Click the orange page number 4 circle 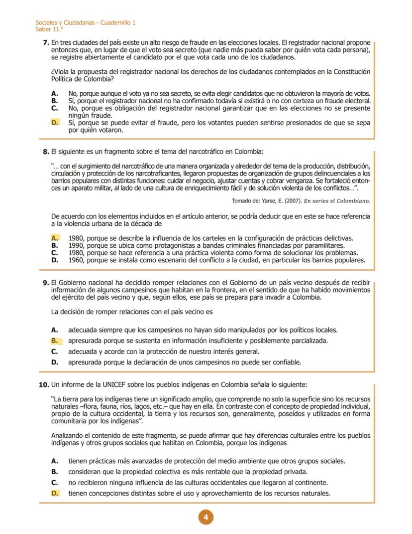pos(206,517)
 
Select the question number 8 pos(46,152)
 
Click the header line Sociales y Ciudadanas pos(85,23)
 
